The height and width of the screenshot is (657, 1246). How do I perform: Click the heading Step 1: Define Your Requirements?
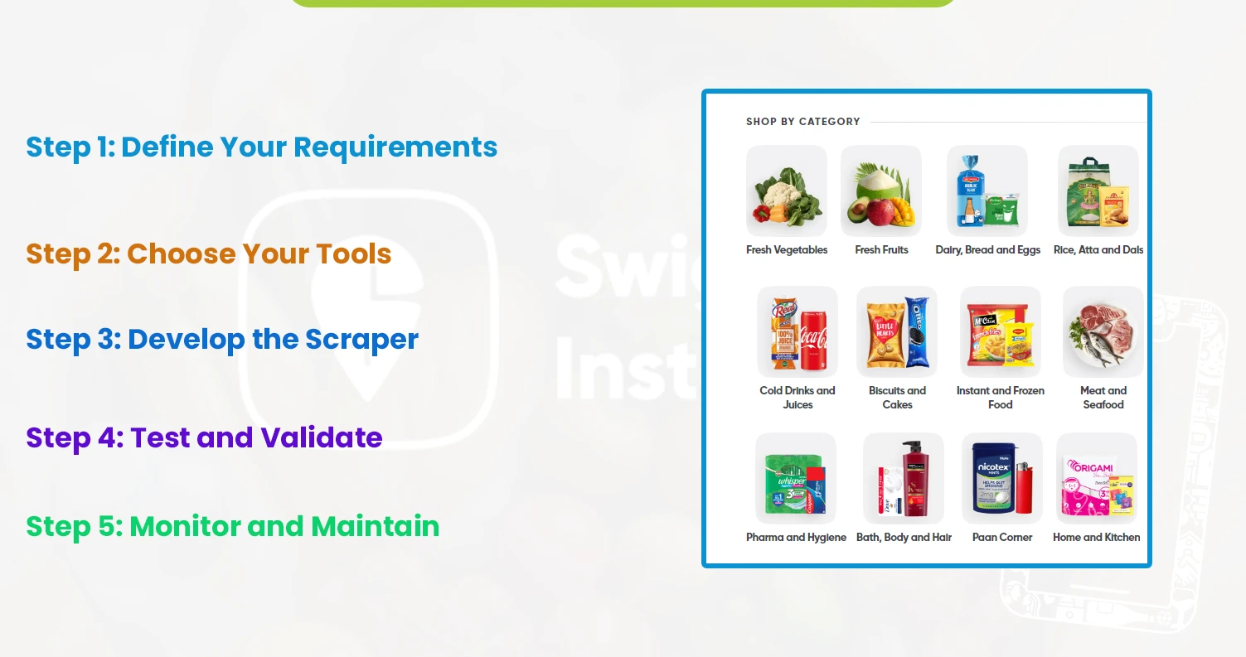point(261,147)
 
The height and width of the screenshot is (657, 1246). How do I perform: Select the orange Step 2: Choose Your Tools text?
point(208,254)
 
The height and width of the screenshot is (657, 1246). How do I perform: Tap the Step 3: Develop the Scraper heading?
point(222,339)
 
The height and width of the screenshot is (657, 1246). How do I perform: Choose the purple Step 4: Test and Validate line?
point(204,437)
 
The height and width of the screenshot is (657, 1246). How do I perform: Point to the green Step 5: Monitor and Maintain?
point(232,526)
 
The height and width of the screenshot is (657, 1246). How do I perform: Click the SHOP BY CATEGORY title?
point(802,122)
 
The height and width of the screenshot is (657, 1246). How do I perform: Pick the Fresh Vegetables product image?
point(786,192)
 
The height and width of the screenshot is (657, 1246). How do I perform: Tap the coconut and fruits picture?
point(880,192)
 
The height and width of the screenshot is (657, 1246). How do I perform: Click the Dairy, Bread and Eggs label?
point(987,249)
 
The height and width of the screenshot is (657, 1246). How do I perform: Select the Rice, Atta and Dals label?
point(1098,249)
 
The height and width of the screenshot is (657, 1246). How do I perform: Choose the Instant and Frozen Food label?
point(1000,398)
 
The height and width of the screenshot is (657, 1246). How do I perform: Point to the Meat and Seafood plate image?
point(1103,331)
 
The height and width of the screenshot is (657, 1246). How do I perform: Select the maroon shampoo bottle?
point(916,479)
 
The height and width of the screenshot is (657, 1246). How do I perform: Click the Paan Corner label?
point(1001,537)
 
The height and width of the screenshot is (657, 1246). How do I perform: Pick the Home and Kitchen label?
point(1096,537)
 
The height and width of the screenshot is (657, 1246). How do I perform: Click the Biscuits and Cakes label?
point(897,398)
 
